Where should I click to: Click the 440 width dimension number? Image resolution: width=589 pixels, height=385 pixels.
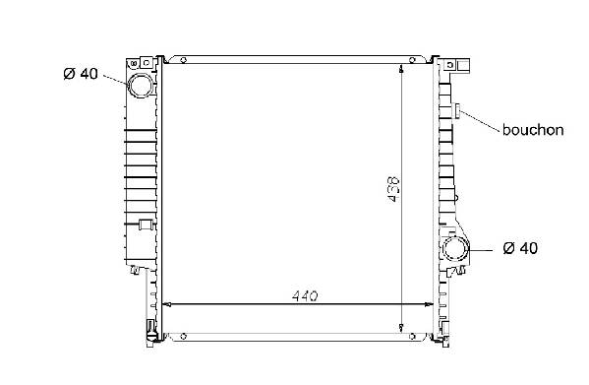pos(305,296)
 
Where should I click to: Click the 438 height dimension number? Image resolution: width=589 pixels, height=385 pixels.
pos(393,189)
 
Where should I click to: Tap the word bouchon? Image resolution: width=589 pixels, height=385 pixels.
pos(533,130)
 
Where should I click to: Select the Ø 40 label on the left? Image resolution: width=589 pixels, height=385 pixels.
pos(81,74)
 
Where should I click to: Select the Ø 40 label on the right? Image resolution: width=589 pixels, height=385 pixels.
pos(520,248)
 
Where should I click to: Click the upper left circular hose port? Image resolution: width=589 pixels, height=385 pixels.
pos(142,86)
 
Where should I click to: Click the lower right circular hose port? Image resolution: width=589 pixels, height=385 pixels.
pos(456,249)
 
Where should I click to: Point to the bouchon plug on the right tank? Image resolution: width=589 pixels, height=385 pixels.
pos(457,110)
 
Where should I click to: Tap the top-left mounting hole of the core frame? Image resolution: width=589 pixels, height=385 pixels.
pos(183,60)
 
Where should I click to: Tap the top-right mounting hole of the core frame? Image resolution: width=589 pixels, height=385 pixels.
pos(412,60)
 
